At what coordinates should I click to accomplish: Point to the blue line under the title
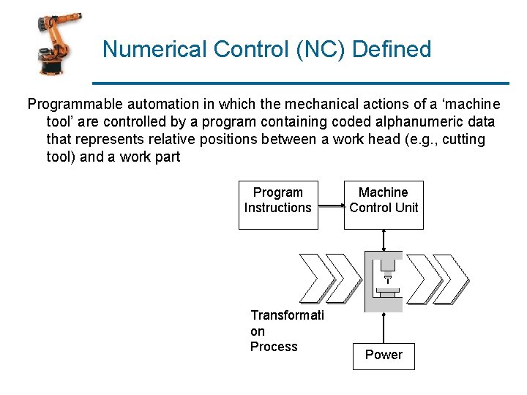click(x=300, y=82)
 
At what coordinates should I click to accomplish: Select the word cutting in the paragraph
click(x=459, y=139)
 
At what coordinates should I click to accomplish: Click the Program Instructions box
click(x=278, y=204)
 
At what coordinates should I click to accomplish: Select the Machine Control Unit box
click(x=384, y=204)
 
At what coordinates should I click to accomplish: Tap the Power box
click(x=384, y=355)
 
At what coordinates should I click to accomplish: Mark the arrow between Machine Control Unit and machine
click(x=384, y=240)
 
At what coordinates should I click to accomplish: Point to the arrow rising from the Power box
click(x=384, y=328)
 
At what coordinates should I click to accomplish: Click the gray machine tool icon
click(x=384, y=282)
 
